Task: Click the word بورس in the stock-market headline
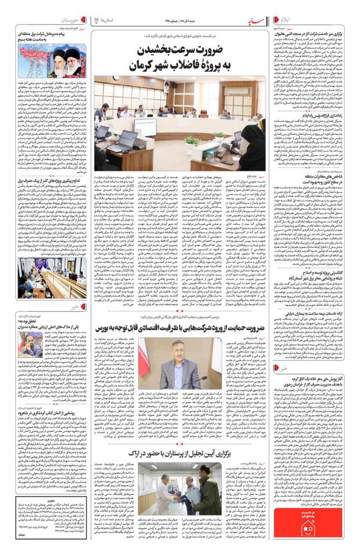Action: tap(106, 327)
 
